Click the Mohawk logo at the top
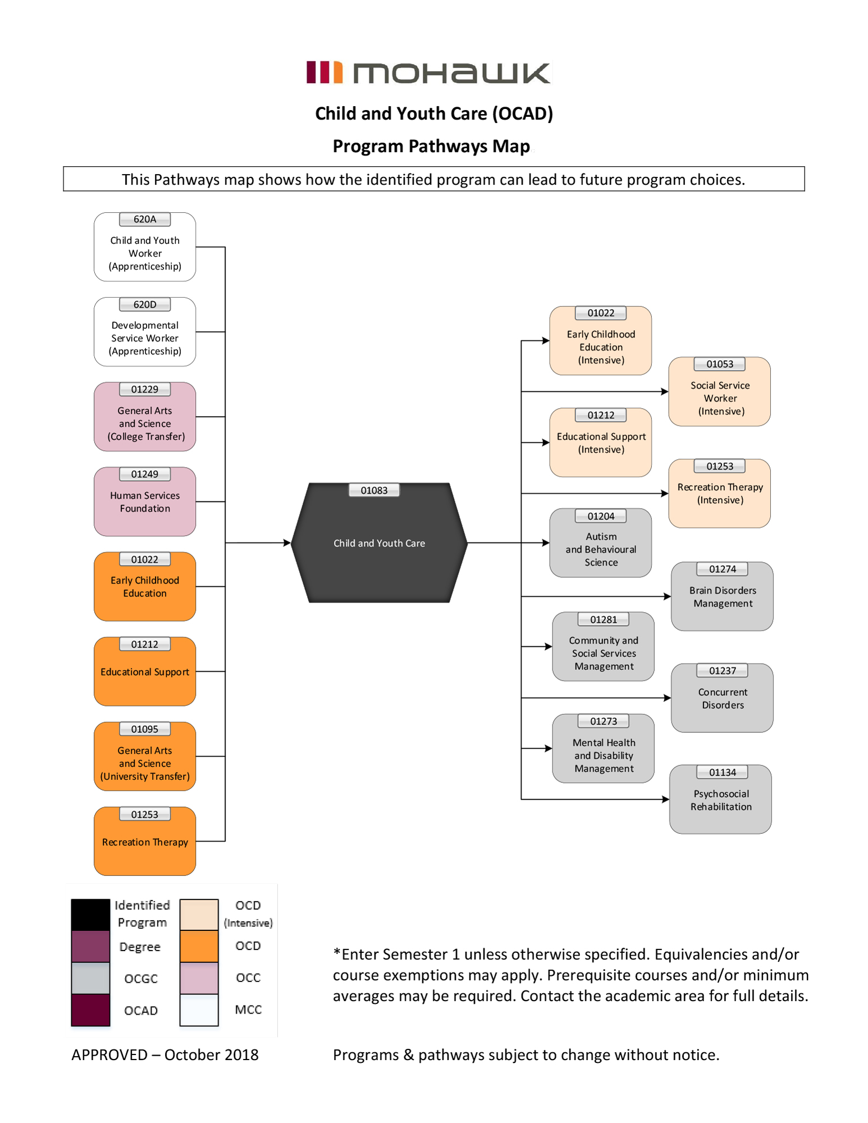click(429, 72)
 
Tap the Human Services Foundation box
click(145, 502)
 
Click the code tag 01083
click(374, 490)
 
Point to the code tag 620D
click(145, 304)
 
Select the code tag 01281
click(604, 619)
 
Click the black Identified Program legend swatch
click(90, 914)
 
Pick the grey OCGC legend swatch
click(90, 978)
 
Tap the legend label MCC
click(248, 1010)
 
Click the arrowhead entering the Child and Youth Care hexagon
click(287, 543)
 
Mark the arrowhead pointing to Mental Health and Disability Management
click(549, 748)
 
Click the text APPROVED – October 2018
click(165, 1054)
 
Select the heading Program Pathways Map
click(431, 146)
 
